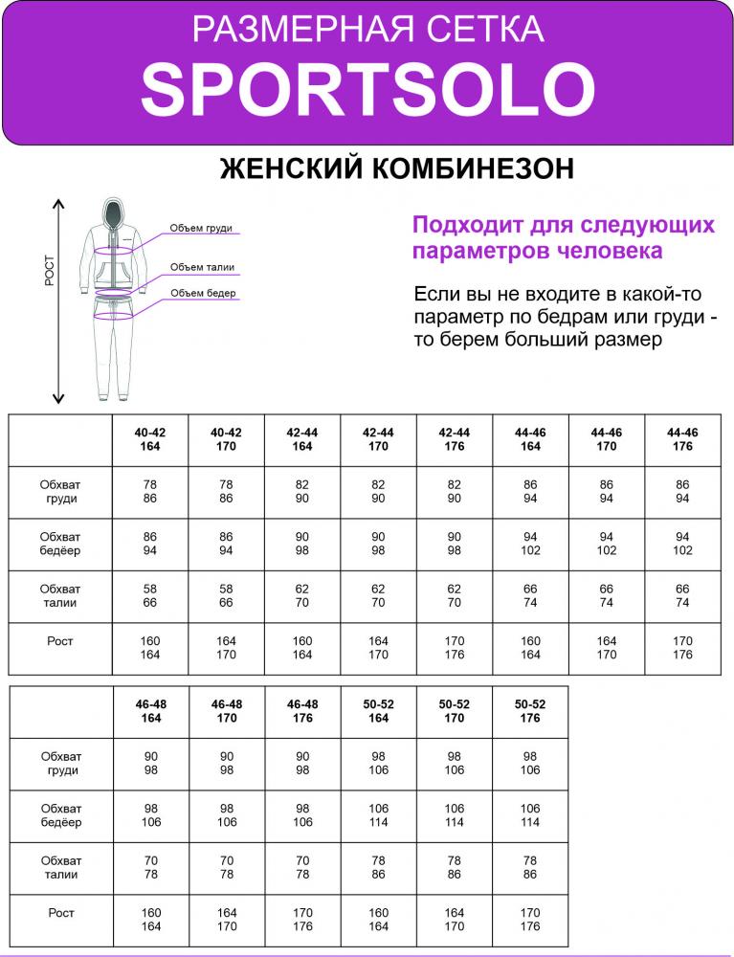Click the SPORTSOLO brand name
[367, 90]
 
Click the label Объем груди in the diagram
[201, 229]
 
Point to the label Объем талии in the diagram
[202, 268]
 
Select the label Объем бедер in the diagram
[203, 293]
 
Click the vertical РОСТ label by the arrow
[50, 271]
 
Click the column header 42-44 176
[455, 439]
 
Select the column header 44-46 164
[530, 439]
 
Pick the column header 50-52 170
[455, 711]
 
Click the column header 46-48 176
[302, 711]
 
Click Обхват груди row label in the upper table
[60, 492]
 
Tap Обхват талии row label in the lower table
[60, 868]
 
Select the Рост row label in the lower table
[60, 913]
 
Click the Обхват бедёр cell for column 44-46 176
[682, 544]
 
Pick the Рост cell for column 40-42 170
[227, 648]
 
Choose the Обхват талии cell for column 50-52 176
[530, 868]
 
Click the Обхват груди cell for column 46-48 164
[151, 764]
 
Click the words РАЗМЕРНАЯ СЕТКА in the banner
[367, 30]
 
